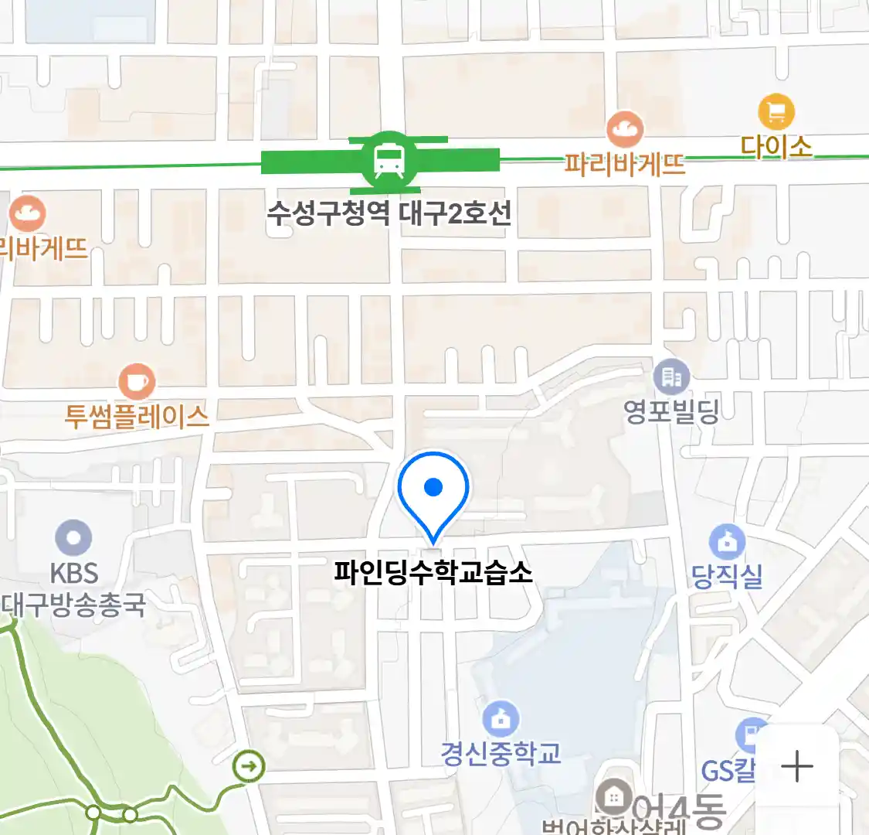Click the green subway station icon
385,162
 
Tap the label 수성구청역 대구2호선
389,213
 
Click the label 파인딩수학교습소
433,573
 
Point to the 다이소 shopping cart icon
776,112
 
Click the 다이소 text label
776,146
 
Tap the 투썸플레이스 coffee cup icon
137,381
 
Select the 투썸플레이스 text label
137,417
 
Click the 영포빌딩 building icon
671,377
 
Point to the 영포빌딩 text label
671,411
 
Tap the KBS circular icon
74,538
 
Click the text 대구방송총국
73,605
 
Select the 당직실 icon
726,542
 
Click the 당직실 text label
726,576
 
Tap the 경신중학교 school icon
501,720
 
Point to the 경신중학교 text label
501,753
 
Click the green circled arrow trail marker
249,767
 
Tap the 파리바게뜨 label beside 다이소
624,164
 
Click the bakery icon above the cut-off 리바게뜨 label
28,213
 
